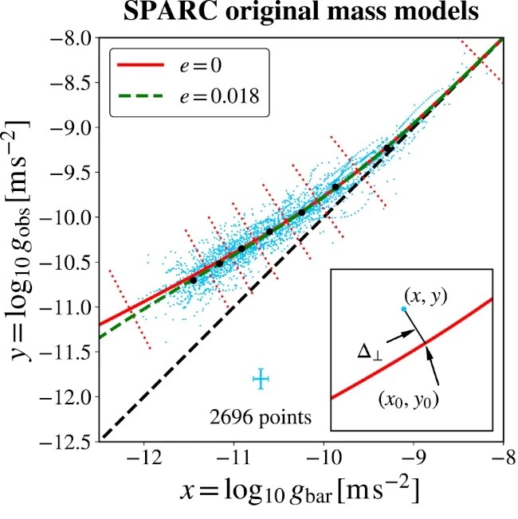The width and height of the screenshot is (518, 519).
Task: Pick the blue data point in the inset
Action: [404, 308]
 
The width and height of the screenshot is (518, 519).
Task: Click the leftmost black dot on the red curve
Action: [193, 280]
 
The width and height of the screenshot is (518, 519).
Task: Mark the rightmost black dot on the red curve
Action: [388, 149]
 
